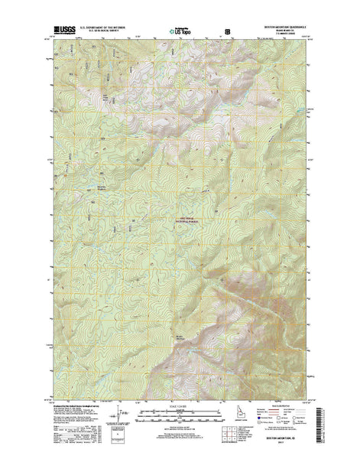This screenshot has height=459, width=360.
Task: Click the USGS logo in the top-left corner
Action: pos(60,26)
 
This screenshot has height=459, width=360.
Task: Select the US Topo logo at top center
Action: pos(181,25)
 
